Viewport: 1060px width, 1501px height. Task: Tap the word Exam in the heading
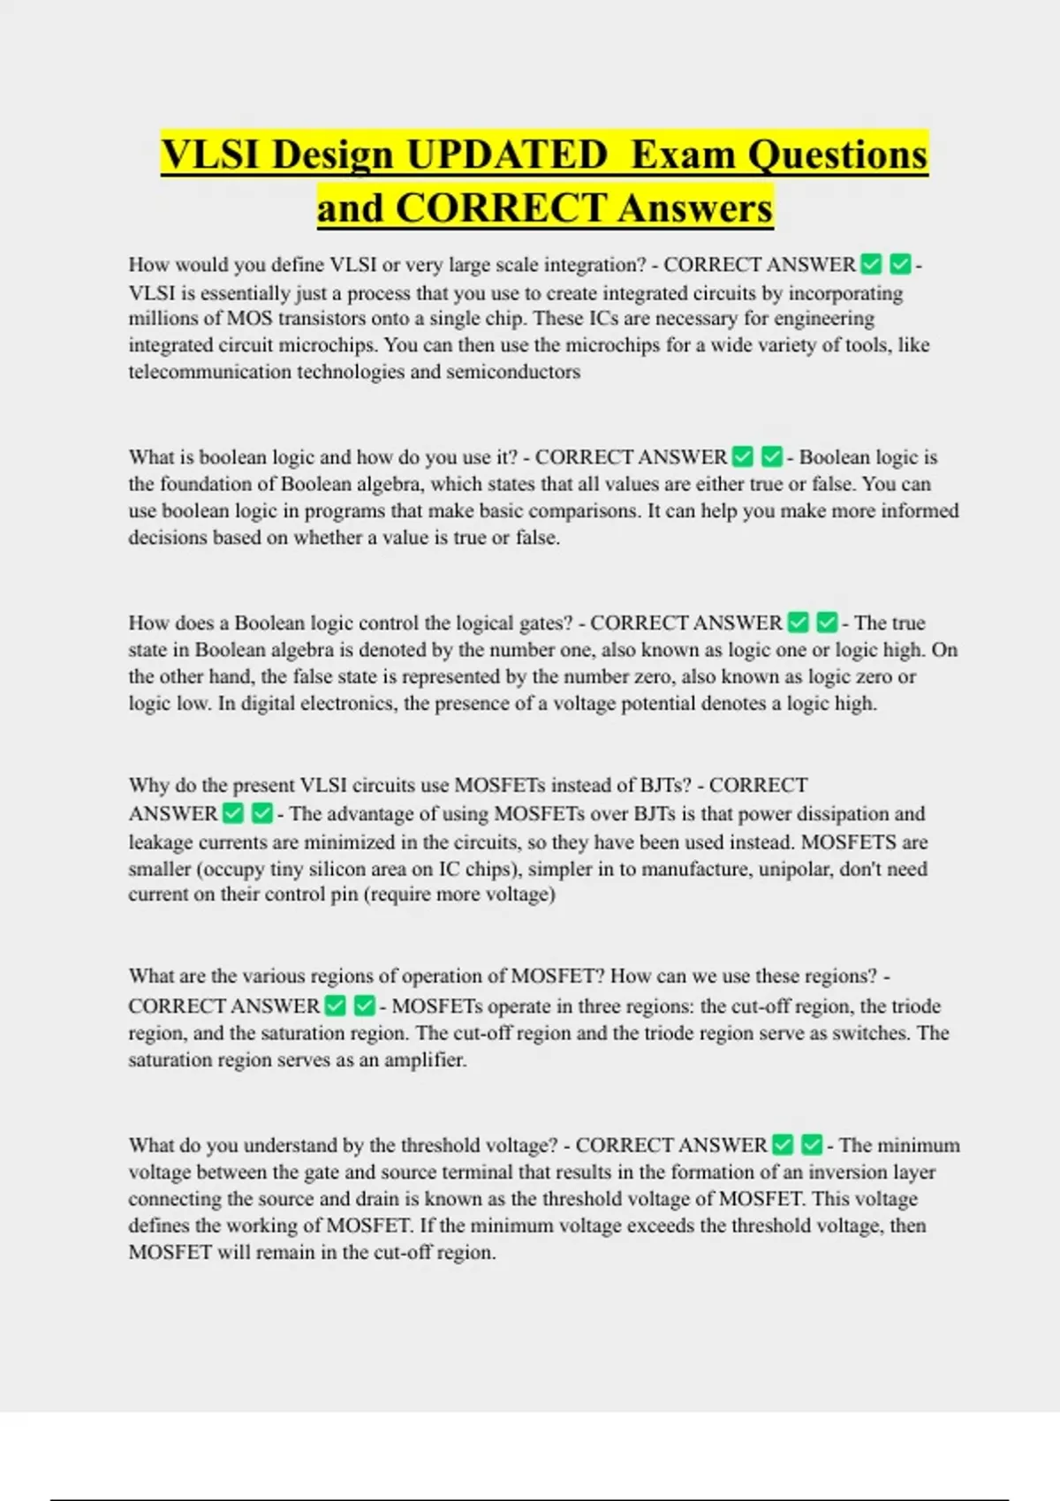point(684,155)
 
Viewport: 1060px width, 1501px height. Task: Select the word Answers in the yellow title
point(695,208)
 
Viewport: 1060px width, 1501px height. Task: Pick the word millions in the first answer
point(163,319)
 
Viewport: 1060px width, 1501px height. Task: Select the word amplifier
point(424,1060)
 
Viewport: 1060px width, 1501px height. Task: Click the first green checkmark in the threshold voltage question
point(783,1145)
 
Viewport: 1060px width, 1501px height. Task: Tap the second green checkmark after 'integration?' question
point(900,264)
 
